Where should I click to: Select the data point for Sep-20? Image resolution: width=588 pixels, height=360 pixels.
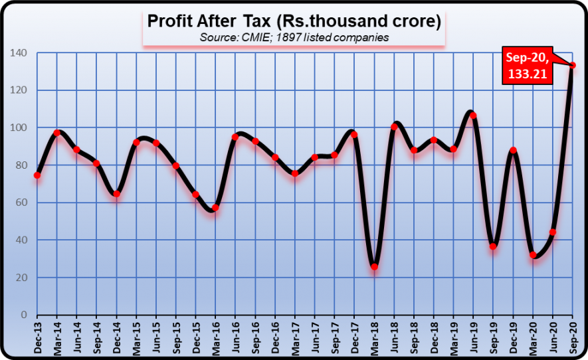(x=573, y=65)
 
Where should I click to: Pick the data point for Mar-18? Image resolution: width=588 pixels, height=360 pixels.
(x=374, y=266)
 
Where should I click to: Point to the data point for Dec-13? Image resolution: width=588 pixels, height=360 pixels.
(x=37, y=175)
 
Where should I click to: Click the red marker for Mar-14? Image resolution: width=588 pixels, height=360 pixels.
(x=57, y=133)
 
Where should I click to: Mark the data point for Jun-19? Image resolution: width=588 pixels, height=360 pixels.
(x=473, y=116)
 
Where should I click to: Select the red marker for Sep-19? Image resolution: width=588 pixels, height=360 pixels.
(x=493, y=246)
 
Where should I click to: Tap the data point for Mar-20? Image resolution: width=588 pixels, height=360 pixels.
(x=533, y=255)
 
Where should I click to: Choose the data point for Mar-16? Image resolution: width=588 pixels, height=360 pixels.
(x=215, y=208)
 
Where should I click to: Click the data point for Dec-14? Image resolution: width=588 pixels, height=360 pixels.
(x=116, y=194)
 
